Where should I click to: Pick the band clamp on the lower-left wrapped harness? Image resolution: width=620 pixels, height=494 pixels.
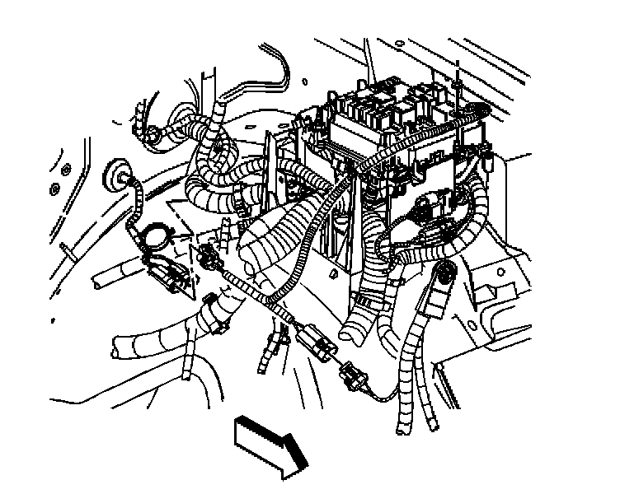[212, 313]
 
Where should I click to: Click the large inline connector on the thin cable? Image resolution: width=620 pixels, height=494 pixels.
[312, 339]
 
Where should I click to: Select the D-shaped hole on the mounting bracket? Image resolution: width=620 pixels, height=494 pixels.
[331, 271]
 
